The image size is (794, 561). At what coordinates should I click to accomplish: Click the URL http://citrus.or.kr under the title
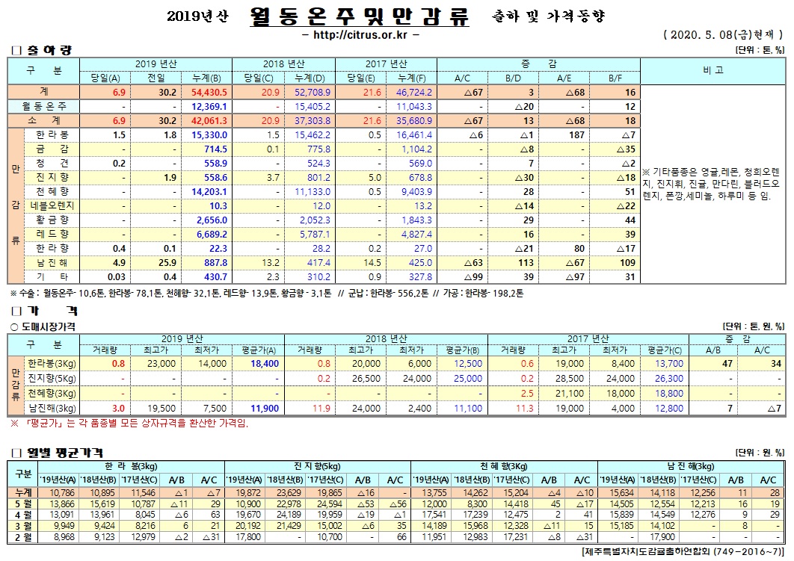point(361,34)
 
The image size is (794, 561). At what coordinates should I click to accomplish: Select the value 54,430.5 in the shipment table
point(209,92)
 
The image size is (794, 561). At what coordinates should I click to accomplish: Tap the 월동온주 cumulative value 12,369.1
point(209,107)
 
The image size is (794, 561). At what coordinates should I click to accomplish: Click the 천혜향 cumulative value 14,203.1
point(209,191)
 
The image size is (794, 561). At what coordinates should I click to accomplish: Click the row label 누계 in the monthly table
point(23,492)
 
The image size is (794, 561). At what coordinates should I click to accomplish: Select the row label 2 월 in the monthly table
point(23,537)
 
